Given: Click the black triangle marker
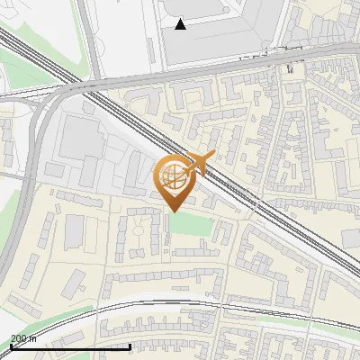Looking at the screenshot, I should [x=181, y=24].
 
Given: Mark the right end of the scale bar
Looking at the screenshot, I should [x=130, y=346].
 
